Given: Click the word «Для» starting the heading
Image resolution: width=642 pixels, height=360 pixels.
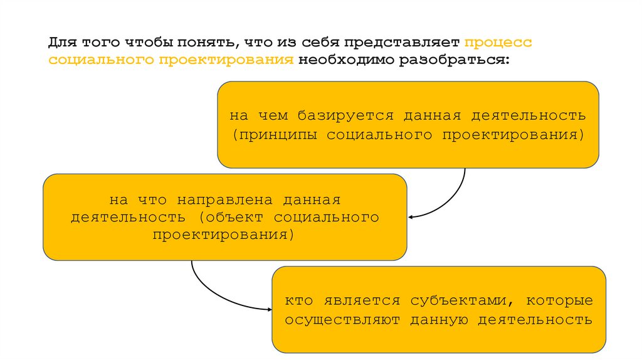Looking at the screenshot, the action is pyautogui.click(x=60, y=43).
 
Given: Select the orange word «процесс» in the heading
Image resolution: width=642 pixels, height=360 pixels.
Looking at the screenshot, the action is pyautogui.click(x=498, y=43).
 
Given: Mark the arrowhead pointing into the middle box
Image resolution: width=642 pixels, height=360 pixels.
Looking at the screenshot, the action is pyautogui.click(x=411, y=218).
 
